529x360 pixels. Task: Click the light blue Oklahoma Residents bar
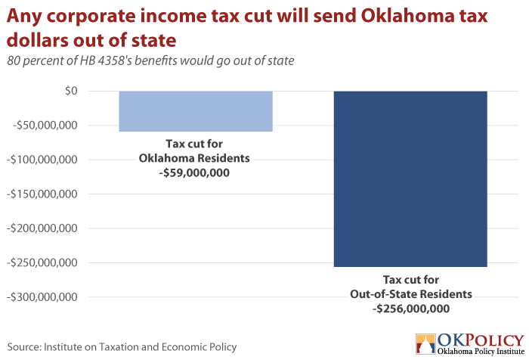(x=196, y=111)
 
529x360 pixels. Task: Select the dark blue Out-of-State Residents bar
(x=410, y=179)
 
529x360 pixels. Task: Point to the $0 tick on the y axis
(x=71, y=91)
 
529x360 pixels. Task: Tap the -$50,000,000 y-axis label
(x=45, y=126)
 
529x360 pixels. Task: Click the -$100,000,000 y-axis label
(x=42, y=160)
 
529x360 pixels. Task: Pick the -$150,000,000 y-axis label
(x=42, y=194)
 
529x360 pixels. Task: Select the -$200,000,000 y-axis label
(x=42, y=228)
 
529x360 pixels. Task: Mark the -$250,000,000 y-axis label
(x=42, y=262)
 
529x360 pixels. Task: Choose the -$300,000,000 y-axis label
(x=42, y=296)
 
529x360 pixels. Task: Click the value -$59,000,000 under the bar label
(x=194, y=173)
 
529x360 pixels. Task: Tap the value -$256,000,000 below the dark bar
(x=411, y=309)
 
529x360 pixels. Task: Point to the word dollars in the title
(x=38, y=40)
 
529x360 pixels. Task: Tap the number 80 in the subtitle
(x=14, y=61)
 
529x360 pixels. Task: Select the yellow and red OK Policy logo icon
(x=425, y=344)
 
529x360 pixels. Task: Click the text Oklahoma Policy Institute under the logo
(x=481, y=352)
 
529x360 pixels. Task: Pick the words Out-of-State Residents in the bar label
(x=411, y=294)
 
